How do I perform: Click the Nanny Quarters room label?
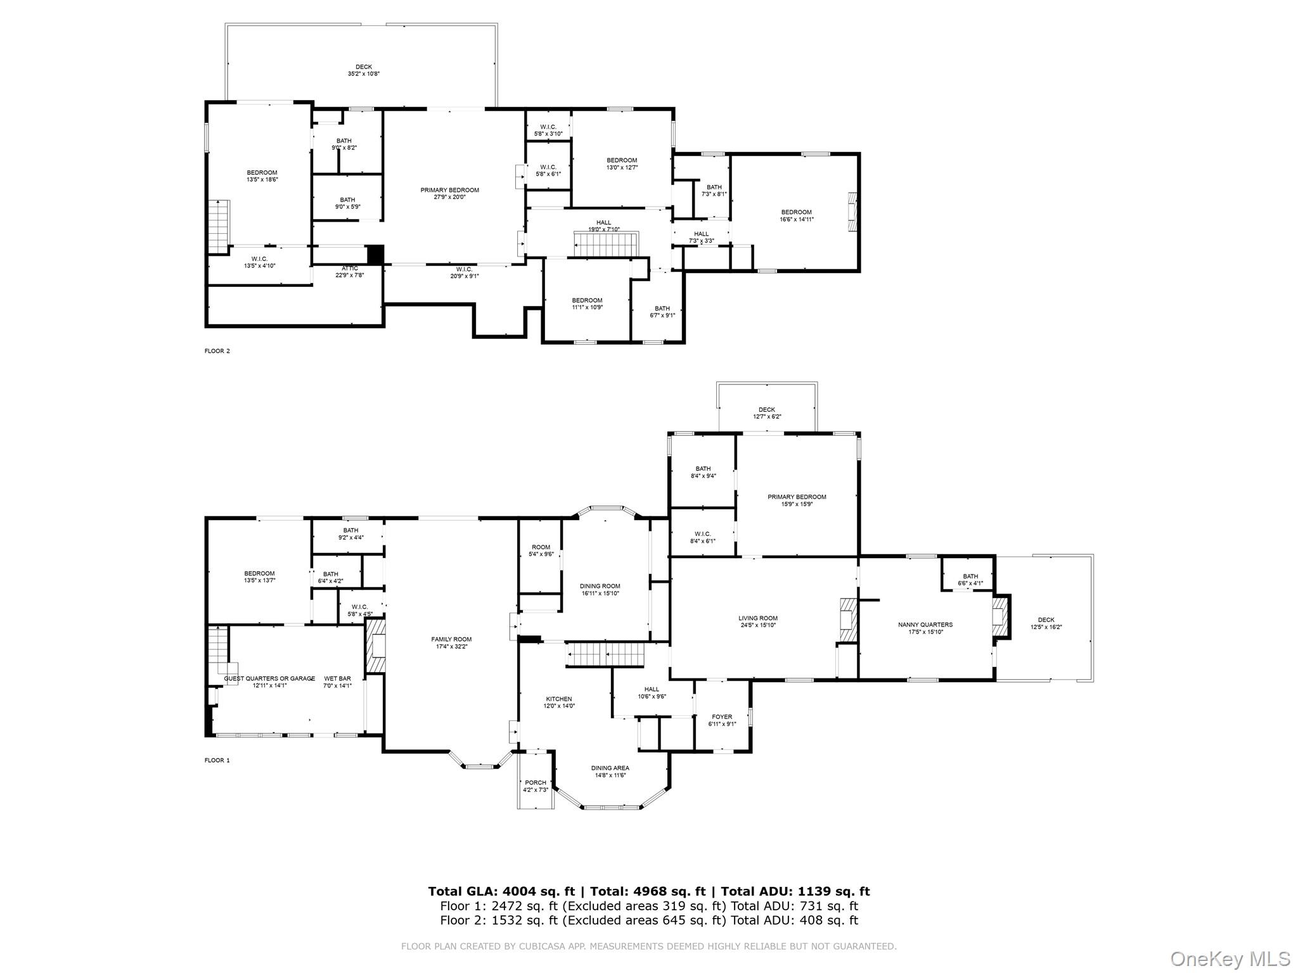(x=925, y=628)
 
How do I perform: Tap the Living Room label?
(x=757, y=621)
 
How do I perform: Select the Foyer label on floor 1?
(x=722, y=720)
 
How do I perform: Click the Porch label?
(x=535, y=786)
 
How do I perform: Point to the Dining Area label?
(x=610, y=772)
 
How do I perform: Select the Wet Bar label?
(x=337, y=682)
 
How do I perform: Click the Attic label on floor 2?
(x=349, y=272)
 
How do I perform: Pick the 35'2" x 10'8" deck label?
(x=364, y=70)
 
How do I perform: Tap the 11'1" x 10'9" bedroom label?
(x=587, y=303)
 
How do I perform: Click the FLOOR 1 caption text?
(x=217, y=760)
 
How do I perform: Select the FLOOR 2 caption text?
(x=217, y=351)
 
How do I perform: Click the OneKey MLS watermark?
(x=1230, y=958)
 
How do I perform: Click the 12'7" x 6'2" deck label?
(x=766, y=413)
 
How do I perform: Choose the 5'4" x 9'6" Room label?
(x=541, y=550)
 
